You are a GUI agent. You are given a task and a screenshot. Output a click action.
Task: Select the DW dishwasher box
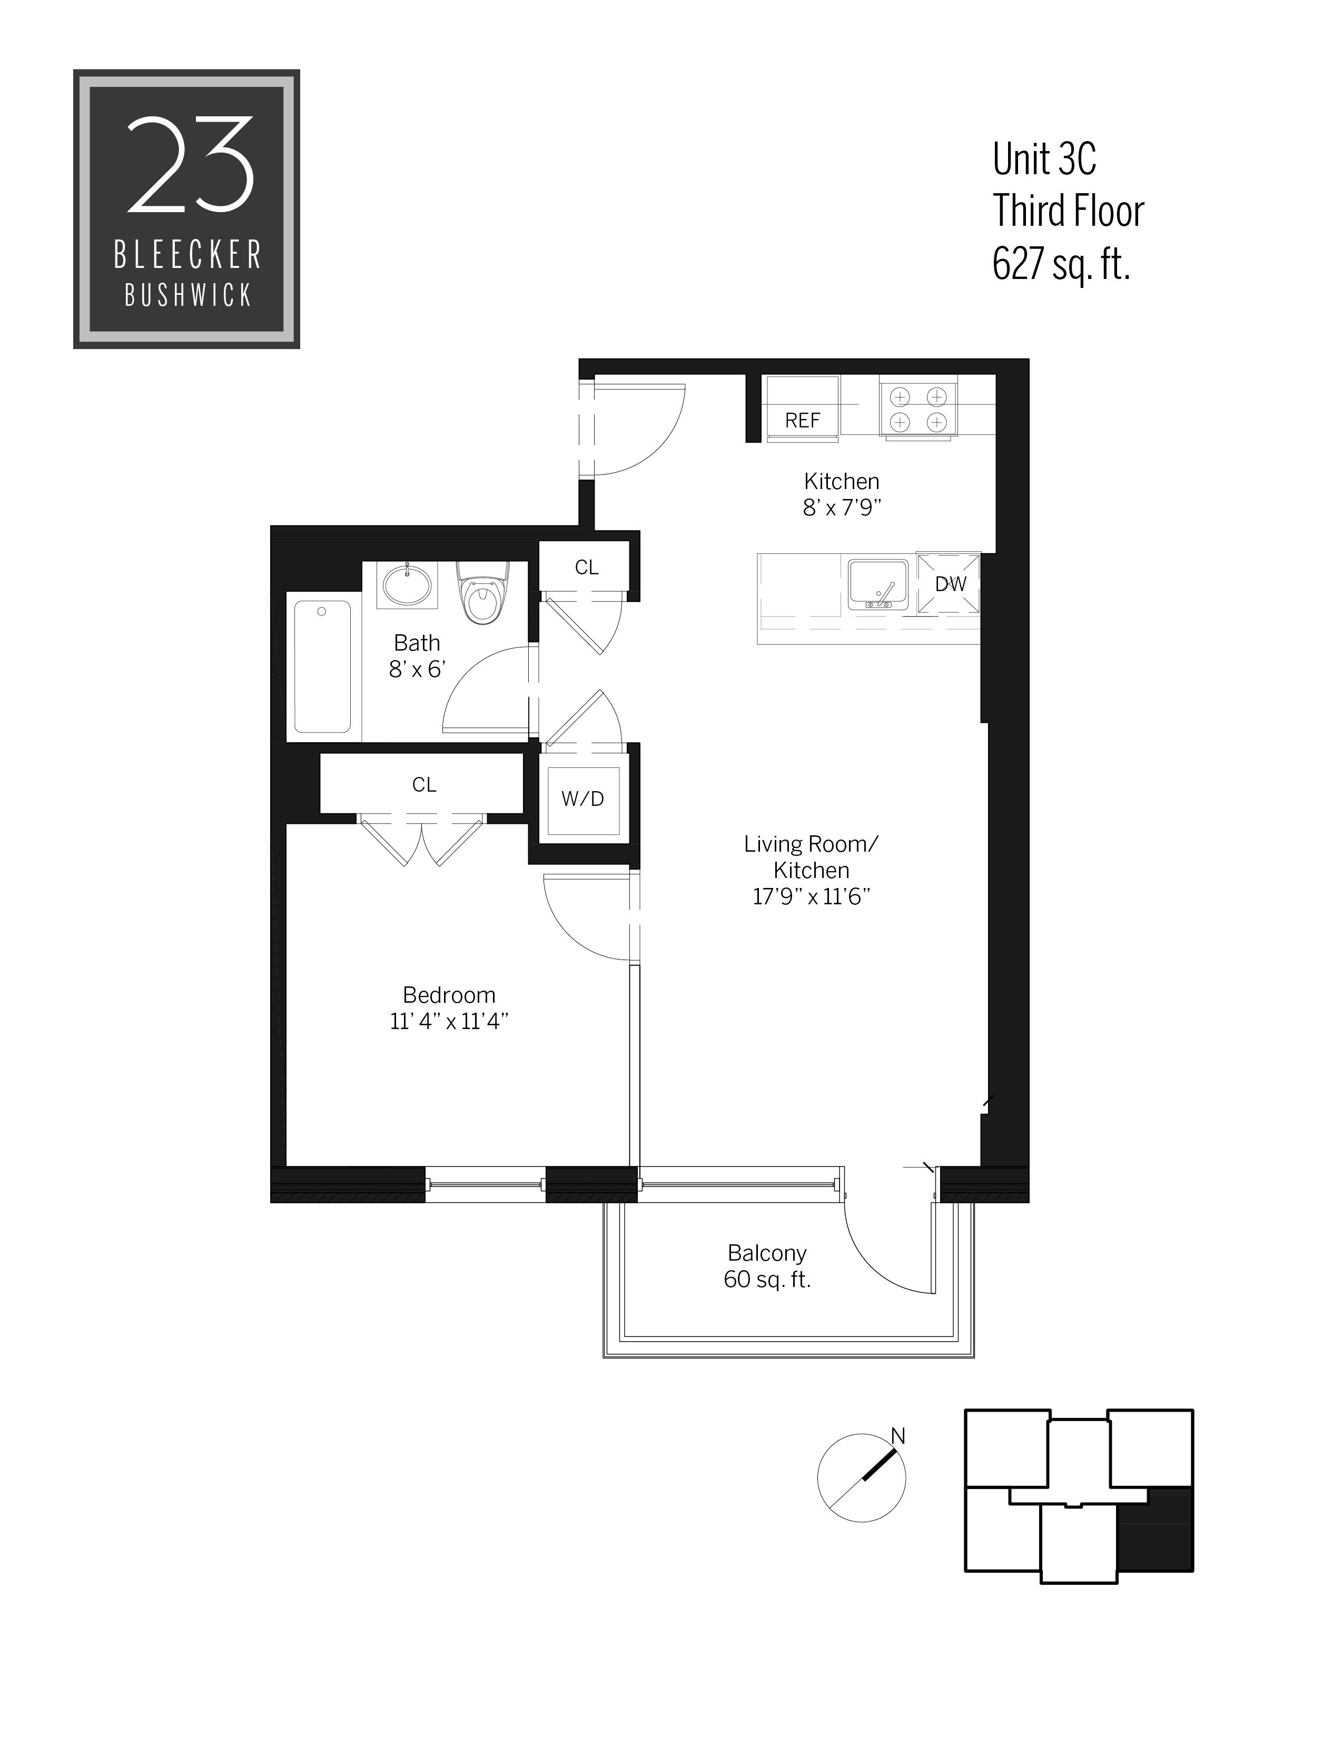click(949, 585)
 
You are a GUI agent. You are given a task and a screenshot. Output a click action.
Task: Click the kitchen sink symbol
click(877, 585)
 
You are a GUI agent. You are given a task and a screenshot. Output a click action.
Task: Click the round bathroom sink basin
click(407, 585)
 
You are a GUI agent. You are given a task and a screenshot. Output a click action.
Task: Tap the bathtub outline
click(322, 666)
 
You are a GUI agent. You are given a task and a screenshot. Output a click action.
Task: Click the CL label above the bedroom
click(424, 785)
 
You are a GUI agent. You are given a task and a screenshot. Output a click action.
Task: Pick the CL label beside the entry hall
click(586, 567)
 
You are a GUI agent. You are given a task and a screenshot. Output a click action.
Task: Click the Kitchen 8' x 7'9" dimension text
click(842, 507)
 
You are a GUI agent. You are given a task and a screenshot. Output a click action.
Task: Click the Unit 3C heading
click(1044, 160)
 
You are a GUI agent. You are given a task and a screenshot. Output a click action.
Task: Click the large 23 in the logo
click(190, 165)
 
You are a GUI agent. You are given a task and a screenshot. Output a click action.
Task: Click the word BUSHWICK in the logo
click(188, 296)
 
